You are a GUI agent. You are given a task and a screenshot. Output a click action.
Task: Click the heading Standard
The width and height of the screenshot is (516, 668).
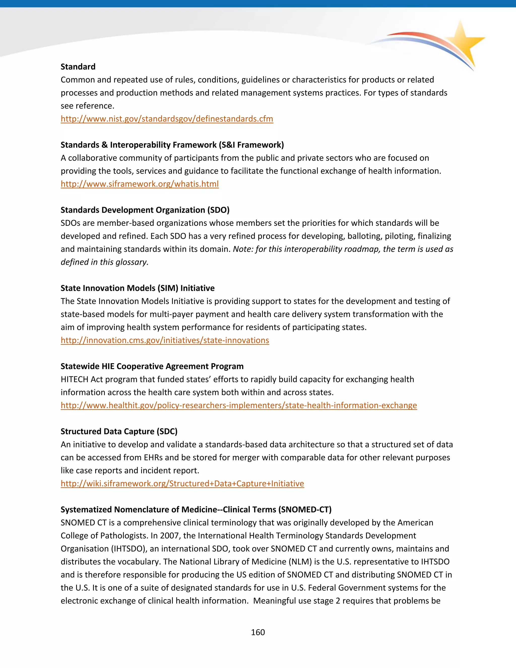[x=78, y=67]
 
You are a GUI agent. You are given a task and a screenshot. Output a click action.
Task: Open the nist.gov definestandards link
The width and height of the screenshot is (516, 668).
[x=167, y=119]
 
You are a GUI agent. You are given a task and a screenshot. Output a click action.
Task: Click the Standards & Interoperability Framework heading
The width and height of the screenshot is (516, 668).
[x=172, y=145]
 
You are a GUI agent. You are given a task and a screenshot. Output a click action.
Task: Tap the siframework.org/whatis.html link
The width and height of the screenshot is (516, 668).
[x=140, y=184]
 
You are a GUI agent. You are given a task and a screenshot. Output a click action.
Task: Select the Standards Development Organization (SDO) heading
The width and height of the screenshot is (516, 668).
[x=145, y=210]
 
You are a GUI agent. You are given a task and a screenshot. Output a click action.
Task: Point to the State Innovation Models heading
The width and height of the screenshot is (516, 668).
[x=137, y=288]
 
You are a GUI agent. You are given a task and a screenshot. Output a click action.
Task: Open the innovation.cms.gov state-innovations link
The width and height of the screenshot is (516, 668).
[x=165, y=340]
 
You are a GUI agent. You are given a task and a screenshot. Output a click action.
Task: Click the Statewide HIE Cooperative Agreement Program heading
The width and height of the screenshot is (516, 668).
[x=152, y=366]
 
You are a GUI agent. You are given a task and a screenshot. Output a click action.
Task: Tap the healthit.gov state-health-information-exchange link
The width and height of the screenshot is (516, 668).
[x=238, y=405]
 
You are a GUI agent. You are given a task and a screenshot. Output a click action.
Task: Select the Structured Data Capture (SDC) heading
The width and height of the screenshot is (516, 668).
[x=119, y=431]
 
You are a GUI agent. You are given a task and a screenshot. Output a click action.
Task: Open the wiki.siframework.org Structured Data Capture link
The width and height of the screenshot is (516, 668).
[x=182, y=483]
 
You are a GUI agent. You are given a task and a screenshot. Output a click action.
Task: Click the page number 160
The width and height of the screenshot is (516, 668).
[x=258, y=632]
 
